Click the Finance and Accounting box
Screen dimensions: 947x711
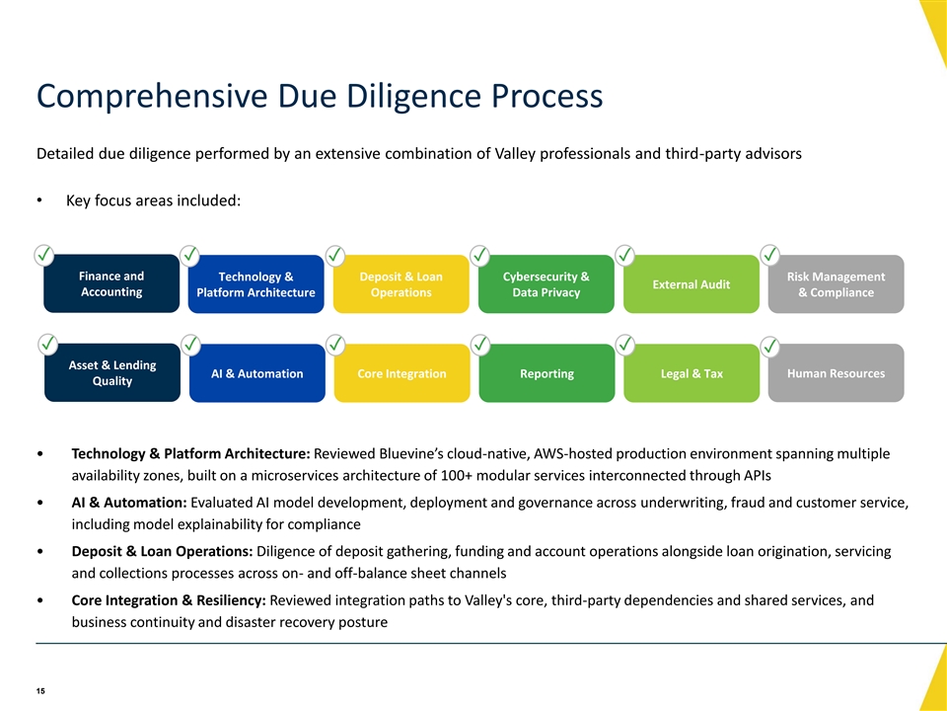tap(111, 283)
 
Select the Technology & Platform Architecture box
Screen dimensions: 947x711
tap(256, 284)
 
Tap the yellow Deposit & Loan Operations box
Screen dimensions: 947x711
tap(401, 284)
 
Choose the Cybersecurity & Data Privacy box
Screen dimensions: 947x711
tap(546, 284)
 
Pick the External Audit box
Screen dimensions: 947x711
tap(691, 284)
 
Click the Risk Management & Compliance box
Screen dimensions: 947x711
tap(836, 284)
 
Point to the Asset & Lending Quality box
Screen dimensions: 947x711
tap(112, 373)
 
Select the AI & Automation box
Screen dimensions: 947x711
tap(257, 373)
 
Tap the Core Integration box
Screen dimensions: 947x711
tap(402, 373)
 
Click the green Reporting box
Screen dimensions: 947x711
tap(547, 373)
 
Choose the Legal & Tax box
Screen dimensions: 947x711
tap(692, 373)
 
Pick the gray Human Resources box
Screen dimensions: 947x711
tap(836, 373)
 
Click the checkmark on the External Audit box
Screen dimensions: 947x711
tap(624, 255)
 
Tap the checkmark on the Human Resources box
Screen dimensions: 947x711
tap(769, 347)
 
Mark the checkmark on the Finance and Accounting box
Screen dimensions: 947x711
tap(44, 255)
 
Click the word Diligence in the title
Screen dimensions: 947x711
tap(413, 96)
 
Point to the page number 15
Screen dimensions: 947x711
tap(40, 691)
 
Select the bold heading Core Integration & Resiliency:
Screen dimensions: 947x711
tap(169, 600)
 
